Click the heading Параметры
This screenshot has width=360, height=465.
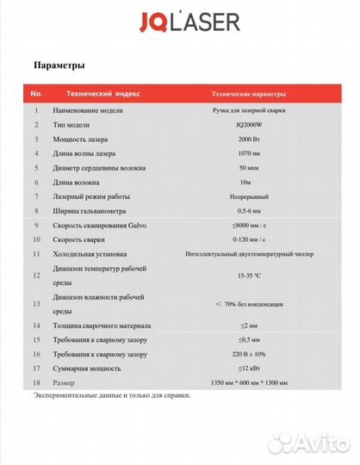[x=59, y=65]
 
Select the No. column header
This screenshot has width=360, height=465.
[x=36, y=92]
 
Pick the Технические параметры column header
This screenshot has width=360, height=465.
[x=250, y=93]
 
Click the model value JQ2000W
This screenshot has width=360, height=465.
[x=250, y=125]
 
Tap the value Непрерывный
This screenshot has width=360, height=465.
[x=250, y=197]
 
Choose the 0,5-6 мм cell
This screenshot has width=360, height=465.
[x=250, y=211]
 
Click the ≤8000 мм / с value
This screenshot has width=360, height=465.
[x=250, y=226]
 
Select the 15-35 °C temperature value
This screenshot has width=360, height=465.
[x=250, y=276]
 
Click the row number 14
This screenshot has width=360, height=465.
[x=36, y=325]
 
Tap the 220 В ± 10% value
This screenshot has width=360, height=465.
[x=250, y=354]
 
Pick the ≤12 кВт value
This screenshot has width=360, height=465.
[x=250, y=369]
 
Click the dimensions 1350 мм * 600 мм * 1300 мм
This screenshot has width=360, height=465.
[x=250, y=382]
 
